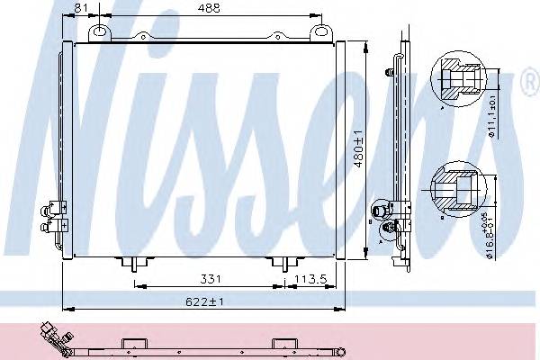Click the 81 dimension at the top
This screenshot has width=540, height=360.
pos(81,8)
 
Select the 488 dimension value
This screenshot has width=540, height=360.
pos(211,8)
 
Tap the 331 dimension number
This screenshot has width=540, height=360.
pos(208,280)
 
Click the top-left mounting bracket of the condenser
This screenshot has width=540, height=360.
pos(98,32)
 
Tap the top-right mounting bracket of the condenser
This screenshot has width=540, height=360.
pos(318,32)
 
